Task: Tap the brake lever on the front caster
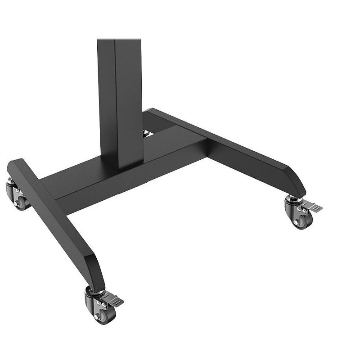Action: [112, 299]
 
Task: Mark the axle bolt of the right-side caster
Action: [297, 222]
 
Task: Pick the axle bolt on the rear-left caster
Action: [17, 203]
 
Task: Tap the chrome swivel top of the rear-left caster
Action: [10, 180]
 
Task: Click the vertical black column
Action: [119, 99]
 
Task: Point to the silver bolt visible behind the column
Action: [146, 133]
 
